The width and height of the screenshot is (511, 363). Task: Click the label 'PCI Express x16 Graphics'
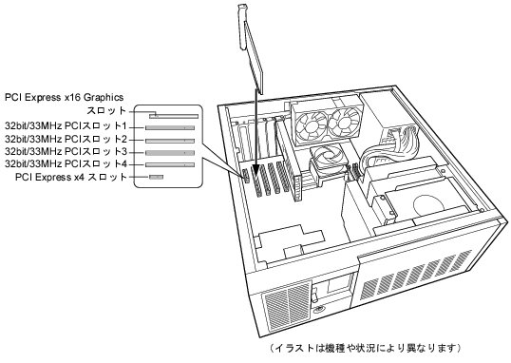(65, 97)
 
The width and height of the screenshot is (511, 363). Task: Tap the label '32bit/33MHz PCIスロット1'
(66, 126)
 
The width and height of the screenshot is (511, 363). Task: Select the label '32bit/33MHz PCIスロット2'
(66, 140)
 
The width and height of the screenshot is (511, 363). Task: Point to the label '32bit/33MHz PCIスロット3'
(66, 152)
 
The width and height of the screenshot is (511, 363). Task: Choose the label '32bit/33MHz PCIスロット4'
(66, 163)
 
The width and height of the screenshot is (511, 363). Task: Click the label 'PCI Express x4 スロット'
(71, 177)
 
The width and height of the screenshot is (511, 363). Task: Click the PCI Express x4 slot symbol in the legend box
(156, 177)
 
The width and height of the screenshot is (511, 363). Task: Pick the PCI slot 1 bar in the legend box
(170, 128)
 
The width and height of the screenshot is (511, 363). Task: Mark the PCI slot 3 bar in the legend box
(170, 153)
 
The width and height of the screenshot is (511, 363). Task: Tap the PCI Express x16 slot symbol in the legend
(174, 116)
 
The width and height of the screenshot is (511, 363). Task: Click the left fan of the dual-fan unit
(312, 124)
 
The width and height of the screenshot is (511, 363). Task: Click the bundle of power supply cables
(388, 145)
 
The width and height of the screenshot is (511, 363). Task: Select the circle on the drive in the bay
(428, 205)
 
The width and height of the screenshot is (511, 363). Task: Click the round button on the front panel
(319, 309)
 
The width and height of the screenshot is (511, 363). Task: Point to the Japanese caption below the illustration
(366, 348)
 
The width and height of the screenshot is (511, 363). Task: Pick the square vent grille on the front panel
(287, 304)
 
